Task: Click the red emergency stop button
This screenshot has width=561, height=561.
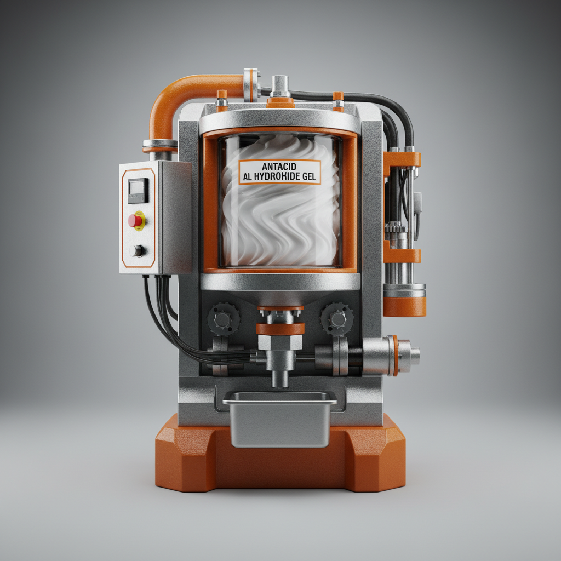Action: pos(136,220)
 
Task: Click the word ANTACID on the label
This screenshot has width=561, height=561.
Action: pos(279,167)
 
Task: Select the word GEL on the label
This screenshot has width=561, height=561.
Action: pos(307,176)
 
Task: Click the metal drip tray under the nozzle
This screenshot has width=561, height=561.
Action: pos(280,419)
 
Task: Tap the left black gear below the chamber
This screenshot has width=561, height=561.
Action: pos(224,319)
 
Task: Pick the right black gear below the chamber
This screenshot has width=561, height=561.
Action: pos(337,319)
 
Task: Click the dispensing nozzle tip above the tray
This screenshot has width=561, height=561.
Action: pos(279,380)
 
